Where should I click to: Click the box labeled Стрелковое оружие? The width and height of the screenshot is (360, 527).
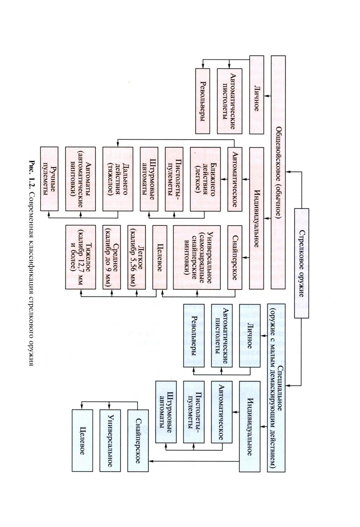(x=301, y=262)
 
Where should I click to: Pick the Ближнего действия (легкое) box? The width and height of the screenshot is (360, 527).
(x=205, y=179)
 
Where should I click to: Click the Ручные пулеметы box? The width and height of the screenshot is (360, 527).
(x=49, y=179)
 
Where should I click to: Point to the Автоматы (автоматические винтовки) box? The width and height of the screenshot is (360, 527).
(x=80, y=179)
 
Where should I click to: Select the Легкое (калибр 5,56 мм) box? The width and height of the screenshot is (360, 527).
(x=136, y=257)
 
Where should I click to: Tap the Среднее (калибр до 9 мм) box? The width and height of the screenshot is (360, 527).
(x=111, y=257)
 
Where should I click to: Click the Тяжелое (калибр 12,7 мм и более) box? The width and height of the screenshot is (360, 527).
(x=80, y=257)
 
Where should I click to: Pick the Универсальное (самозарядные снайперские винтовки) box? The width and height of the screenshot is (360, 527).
(x=196, y=257)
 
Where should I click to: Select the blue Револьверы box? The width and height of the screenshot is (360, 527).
(x=194, y=335)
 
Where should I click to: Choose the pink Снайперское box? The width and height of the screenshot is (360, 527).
(x=235, y=257)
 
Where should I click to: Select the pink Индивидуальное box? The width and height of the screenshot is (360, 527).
(x=256, y=217)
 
